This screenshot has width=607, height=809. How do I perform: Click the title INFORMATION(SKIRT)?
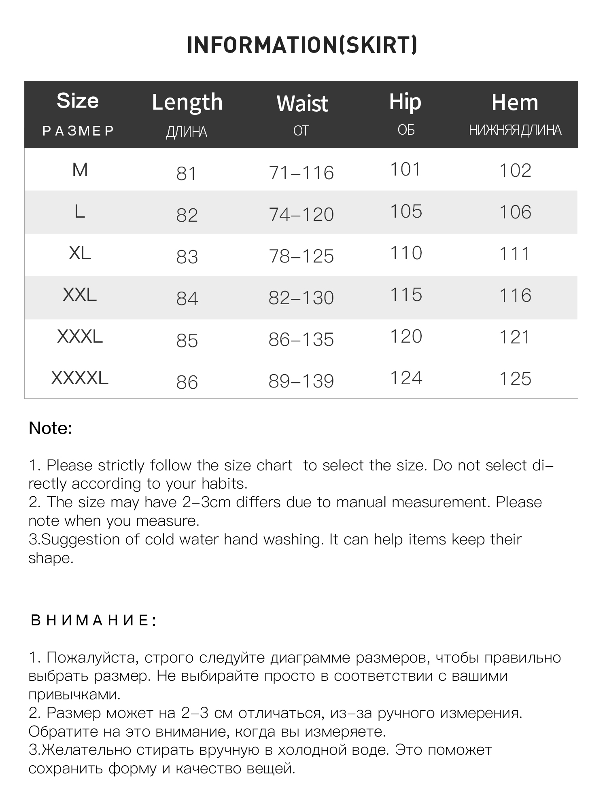click(302, 45)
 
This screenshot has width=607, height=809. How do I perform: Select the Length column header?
click(187, 102)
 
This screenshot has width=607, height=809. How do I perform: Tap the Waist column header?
click(302, 104)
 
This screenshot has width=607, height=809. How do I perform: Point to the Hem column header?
click(515, 102)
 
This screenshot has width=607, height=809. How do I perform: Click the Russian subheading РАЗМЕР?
click(79, 131)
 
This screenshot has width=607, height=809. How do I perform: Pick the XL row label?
click(80, 253)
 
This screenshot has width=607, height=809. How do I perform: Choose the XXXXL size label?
click(80, 378)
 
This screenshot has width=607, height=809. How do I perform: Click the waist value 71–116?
click(301, 173)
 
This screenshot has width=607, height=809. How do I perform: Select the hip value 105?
click(406, 211)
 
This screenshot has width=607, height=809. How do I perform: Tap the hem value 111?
click(515, 254)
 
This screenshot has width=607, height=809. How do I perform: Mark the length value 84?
click(187, 299)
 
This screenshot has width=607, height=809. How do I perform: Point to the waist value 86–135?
click(301, 339)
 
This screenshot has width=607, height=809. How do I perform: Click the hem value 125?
click(515, 379)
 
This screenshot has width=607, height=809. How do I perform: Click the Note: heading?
click(51, 428)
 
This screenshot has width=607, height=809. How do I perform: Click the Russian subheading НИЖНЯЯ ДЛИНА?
click(515, 130)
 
